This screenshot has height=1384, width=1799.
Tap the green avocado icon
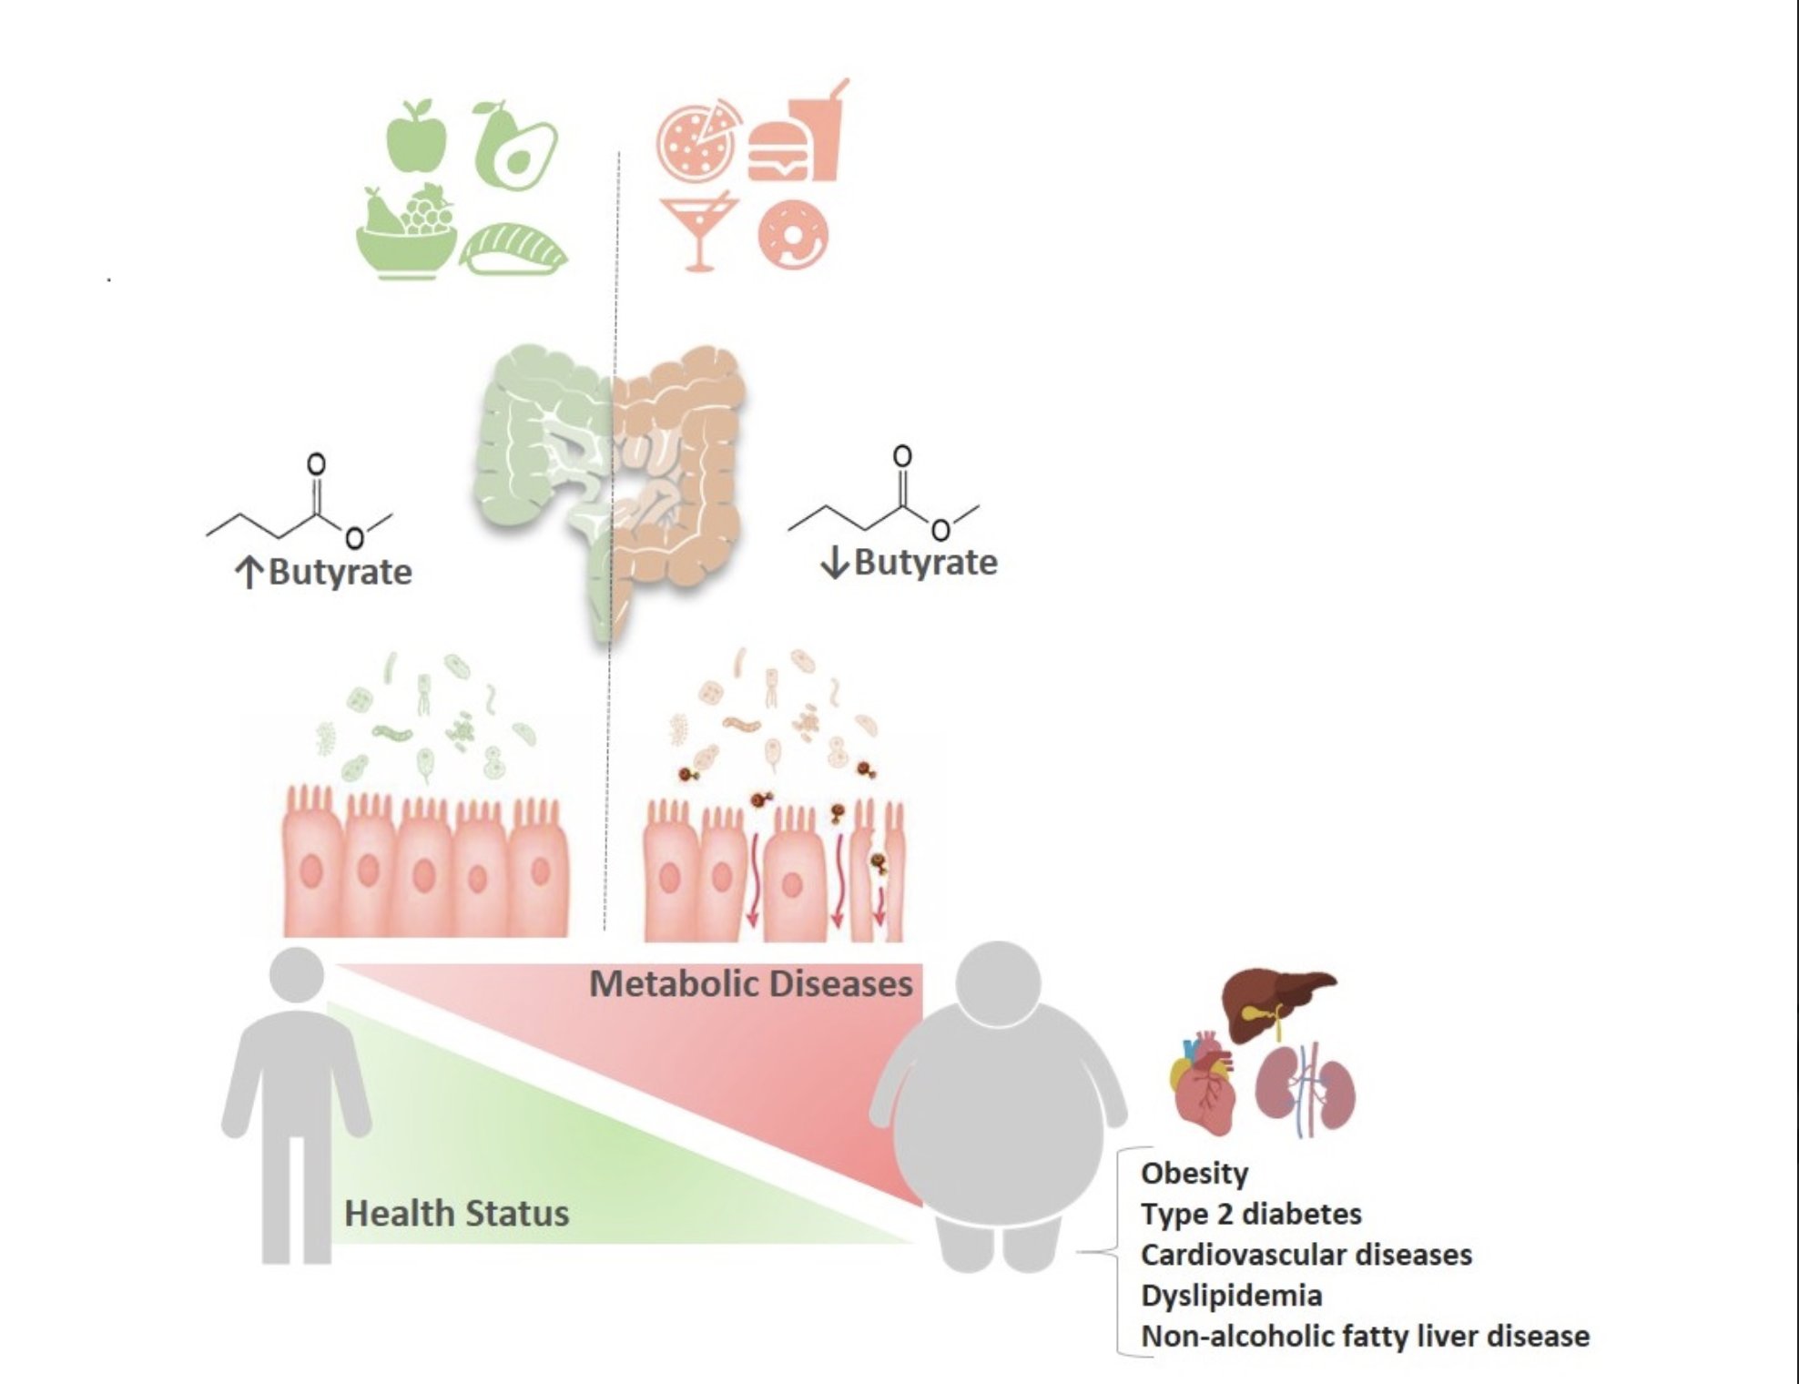click(514, 146)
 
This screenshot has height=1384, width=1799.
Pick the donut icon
click(793, 234)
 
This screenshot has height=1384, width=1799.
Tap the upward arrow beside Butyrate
click(249, 573)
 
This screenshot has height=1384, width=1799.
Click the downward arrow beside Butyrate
click(834, 563)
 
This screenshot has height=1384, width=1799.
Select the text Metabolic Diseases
click(750, 984)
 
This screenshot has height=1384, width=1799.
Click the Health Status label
click(456, 1214)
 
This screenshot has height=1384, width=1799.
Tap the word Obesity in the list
click(1194, 1173)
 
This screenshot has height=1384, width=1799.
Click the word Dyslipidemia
click(1231, 1295)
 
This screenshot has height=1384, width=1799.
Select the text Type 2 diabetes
click(1251, 1214)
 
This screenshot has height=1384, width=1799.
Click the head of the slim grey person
click(297, 977)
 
